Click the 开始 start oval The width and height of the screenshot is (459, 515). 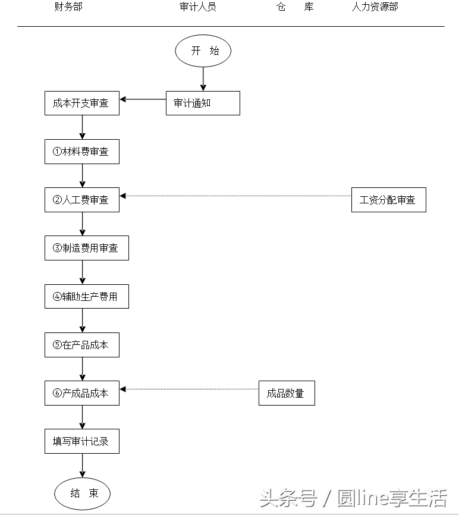pos(203,51)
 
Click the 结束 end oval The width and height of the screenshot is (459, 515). pos(83,493)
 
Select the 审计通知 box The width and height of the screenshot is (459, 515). pos(203,103)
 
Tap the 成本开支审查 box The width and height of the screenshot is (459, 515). pos(82,103)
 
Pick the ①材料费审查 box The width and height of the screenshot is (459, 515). pos(82,152)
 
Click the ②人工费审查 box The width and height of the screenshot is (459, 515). pos(82,200)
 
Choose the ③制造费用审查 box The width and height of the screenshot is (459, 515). pos(87,248)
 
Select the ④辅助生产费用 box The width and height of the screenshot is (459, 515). pos(87,297)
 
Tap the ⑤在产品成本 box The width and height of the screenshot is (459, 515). pos(82,345)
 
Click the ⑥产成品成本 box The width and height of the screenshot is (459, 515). pos(82,393)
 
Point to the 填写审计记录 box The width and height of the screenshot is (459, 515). pos(82,442)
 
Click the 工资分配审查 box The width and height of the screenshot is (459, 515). pos(388,200)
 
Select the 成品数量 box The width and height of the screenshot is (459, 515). pos(287,393)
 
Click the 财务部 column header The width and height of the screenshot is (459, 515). pos(68,7)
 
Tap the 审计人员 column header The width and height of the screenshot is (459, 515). pos(197,7)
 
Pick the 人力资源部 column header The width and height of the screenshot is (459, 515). pos(375,7)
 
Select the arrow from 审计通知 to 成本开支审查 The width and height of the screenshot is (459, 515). pos(143,99)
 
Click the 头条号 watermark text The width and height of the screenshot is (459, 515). pos(288,498)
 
